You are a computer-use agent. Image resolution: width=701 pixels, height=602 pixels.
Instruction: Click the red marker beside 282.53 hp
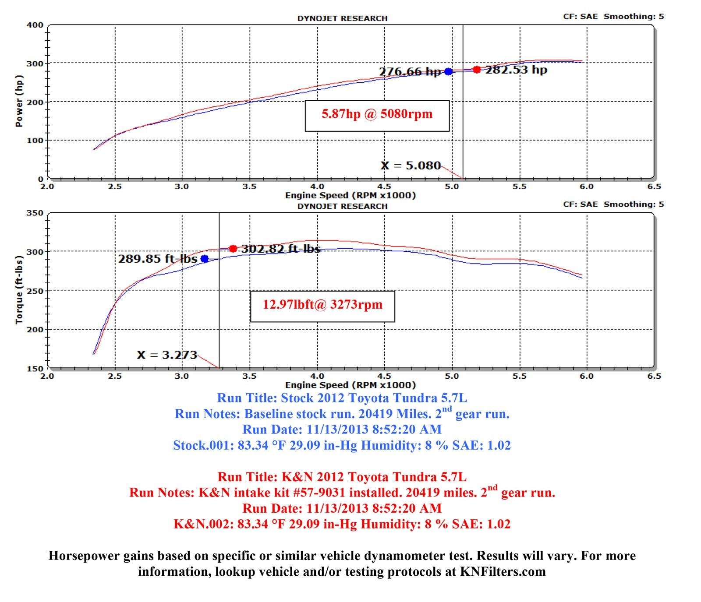477,70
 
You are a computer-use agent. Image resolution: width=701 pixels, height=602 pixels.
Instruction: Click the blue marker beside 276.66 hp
448,71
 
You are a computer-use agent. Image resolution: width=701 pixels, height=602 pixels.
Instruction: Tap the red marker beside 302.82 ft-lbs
233,249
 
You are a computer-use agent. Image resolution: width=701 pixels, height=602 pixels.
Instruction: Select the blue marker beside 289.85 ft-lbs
205,259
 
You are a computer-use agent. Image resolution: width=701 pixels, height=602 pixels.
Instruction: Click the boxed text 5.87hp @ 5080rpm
377,114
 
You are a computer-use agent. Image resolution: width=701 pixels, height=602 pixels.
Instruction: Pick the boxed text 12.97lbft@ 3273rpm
322,305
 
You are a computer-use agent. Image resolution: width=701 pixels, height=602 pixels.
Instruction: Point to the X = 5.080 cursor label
411,165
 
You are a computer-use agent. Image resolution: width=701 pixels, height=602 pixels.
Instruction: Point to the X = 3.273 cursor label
167,355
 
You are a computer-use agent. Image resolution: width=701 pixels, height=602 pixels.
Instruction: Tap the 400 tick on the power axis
35,25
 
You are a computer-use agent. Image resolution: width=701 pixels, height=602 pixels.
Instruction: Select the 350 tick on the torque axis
35,213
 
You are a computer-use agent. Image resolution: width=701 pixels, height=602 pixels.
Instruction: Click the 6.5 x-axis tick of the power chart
654,187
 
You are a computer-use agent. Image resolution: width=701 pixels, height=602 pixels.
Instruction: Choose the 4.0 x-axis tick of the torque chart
317,376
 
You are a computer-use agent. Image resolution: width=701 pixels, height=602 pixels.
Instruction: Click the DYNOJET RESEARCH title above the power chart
342,18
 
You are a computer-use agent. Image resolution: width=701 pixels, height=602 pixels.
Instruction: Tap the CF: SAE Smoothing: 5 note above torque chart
613,204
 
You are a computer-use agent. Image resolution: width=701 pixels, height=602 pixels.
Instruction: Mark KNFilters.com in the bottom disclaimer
503,572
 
